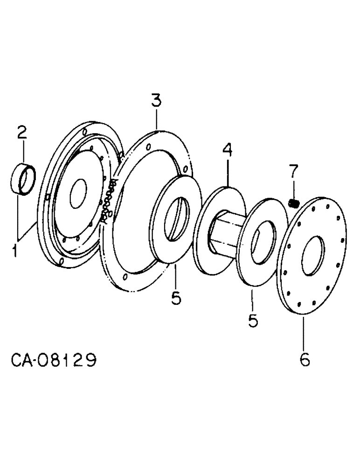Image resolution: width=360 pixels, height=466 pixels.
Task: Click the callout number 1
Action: (15, 252)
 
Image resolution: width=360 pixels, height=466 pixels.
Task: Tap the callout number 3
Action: (156, 101)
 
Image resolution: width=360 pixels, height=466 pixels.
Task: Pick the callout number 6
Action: (304, 360)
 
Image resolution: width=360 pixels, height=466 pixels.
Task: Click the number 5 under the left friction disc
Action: (176, 297)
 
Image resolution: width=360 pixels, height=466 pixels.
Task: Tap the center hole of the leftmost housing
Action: (78, 193)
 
